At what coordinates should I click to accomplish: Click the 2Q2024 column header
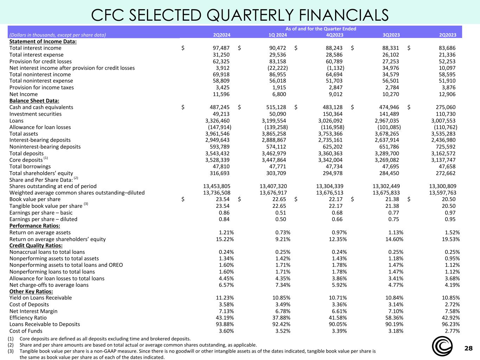tap(222, 35)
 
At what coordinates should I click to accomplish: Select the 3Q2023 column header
tap(391, 35)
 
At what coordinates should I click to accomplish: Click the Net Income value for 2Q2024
tap(221, 94)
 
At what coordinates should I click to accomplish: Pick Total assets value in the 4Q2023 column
tap(330, 134)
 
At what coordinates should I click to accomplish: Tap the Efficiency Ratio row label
tap(28, 317)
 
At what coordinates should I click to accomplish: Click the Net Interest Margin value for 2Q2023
tap(450, 311)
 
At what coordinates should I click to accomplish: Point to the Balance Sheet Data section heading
tap(34, 101)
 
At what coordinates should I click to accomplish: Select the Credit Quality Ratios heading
tap(36, 245)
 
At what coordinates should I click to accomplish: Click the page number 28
tap(468, 348)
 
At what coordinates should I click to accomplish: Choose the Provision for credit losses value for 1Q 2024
tap(277, 61)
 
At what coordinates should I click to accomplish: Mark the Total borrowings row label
tap(30, 166)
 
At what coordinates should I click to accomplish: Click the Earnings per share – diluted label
tap(43, 219)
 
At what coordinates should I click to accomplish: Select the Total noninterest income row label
tap(40, 74)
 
